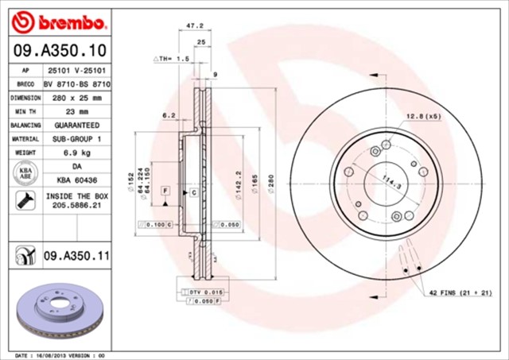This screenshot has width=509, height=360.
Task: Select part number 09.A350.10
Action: click(58, 51)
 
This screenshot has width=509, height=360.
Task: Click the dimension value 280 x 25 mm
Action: click(76, 97)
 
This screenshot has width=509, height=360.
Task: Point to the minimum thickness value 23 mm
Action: click(76, 111)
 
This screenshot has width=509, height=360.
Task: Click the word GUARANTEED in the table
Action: click(76, 126)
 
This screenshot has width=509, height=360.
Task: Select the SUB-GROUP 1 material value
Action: click(76, 139)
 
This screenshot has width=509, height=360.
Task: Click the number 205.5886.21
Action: click(76, 205)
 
